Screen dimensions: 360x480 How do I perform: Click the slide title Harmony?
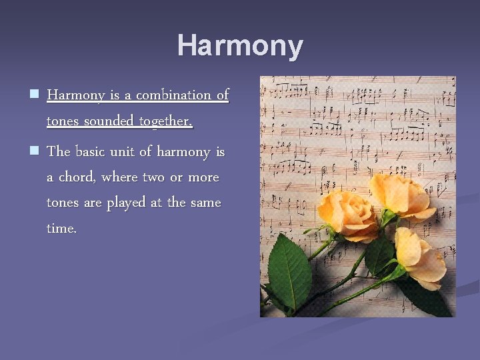(x=240, y=46)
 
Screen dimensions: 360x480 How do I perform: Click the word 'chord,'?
(x=77, y=177)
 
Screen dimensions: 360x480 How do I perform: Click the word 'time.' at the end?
(x=61, y=228)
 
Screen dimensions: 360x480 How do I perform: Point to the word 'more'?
(x=204, y=177)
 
